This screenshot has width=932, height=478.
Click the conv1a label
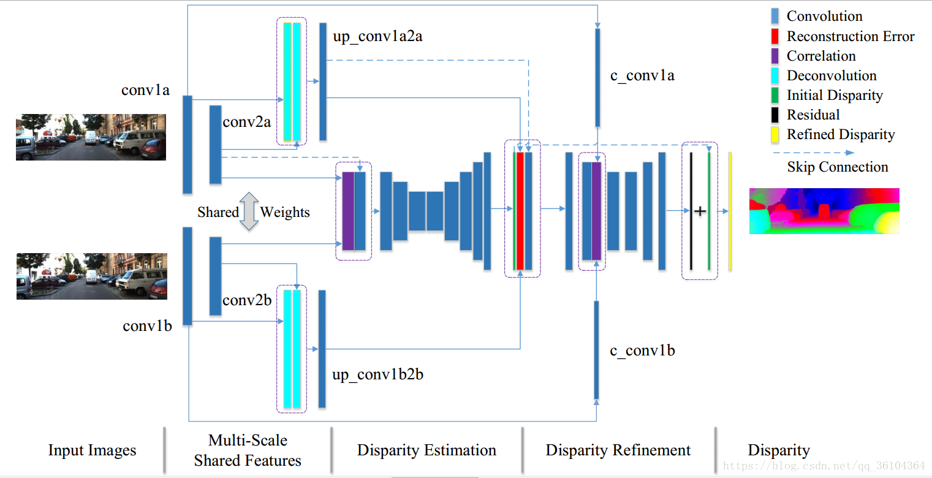145,90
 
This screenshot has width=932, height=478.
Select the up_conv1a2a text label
377,37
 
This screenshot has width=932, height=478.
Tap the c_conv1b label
642,351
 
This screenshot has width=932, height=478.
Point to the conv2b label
247,300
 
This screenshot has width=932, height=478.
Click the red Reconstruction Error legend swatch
775,36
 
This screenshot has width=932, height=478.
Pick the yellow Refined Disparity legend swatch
775,134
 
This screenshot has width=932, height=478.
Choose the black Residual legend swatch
775,115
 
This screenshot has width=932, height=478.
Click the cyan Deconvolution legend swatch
775,75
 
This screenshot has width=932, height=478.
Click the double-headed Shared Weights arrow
249,211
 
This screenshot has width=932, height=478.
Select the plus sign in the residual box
699,211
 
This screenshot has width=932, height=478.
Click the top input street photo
91,137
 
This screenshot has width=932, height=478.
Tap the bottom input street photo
91,276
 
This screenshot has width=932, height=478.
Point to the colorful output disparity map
824,211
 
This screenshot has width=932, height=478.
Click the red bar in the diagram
520,211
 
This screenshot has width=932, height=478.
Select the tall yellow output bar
730,211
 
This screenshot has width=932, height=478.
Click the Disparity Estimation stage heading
426,450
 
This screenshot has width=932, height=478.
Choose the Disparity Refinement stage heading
618,450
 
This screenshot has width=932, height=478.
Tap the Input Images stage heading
92,450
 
